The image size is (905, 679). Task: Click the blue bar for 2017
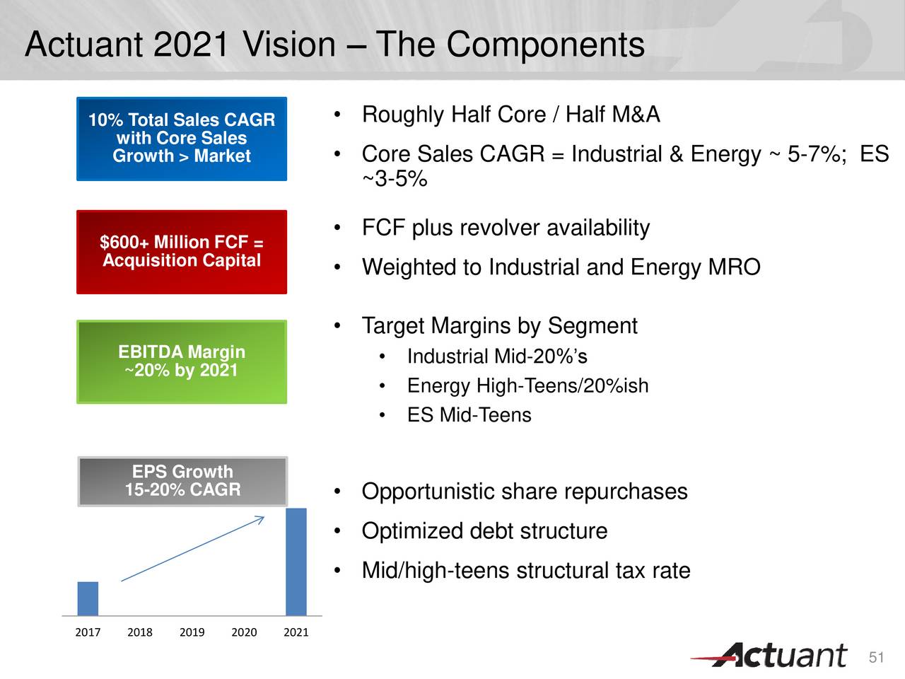point(88,598)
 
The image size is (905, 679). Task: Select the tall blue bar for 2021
point(296,562)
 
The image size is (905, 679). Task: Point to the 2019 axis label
point(192,632)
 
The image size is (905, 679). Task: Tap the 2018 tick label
point(140,632)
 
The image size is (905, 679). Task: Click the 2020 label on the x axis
point(244,632)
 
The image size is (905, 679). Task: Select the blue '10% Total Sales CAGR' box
point(182,139)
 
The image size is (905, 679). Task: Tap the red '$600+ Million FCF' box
point(182,252)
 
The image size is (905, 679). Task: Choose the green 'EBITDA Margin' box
point(182,361)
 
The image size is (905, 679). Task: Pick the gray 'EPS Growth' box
point(182,481)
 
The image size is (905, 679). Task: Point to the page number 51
point(877,658)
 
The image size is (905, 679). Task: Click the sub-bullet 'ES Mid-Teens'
point(469,415)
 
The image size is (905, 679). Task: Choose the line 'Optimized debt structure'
point(484,531)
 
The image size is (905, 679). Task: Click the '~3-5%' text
point(395,179)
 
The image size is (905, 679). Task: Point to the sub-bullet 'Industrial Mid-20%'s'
point(497,356)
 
